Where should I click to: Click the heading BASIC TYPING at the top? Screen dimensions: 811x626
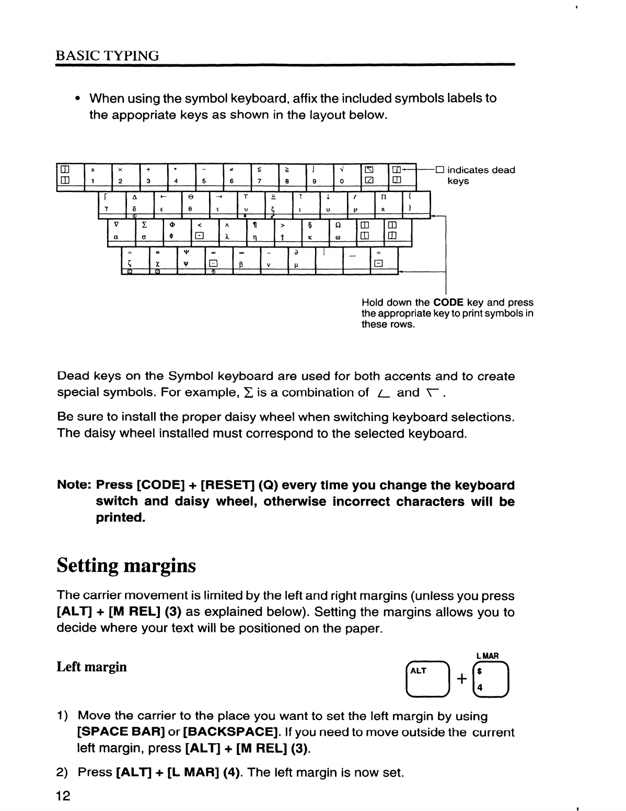pos(108,55)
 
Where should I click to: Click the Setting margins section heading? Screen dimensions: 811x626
pos(126,566)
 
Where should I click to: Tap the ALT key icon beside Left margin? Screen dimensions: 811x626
pos(428,680)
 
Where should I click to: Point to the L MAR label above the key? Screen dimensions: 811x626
pos(488,656)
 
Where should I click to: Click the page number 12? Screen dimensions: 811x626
pos(63,795)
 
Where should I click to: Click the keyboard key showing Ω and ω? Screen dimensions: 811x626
pos(342,231)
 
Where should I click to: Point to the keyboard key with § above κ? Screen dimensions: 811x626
pos(315,231)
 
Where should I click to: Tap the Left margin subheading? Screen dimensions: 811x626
pos(91,667)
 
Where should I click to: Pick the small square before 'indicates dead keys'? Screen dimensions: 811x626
pos(439,170)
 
